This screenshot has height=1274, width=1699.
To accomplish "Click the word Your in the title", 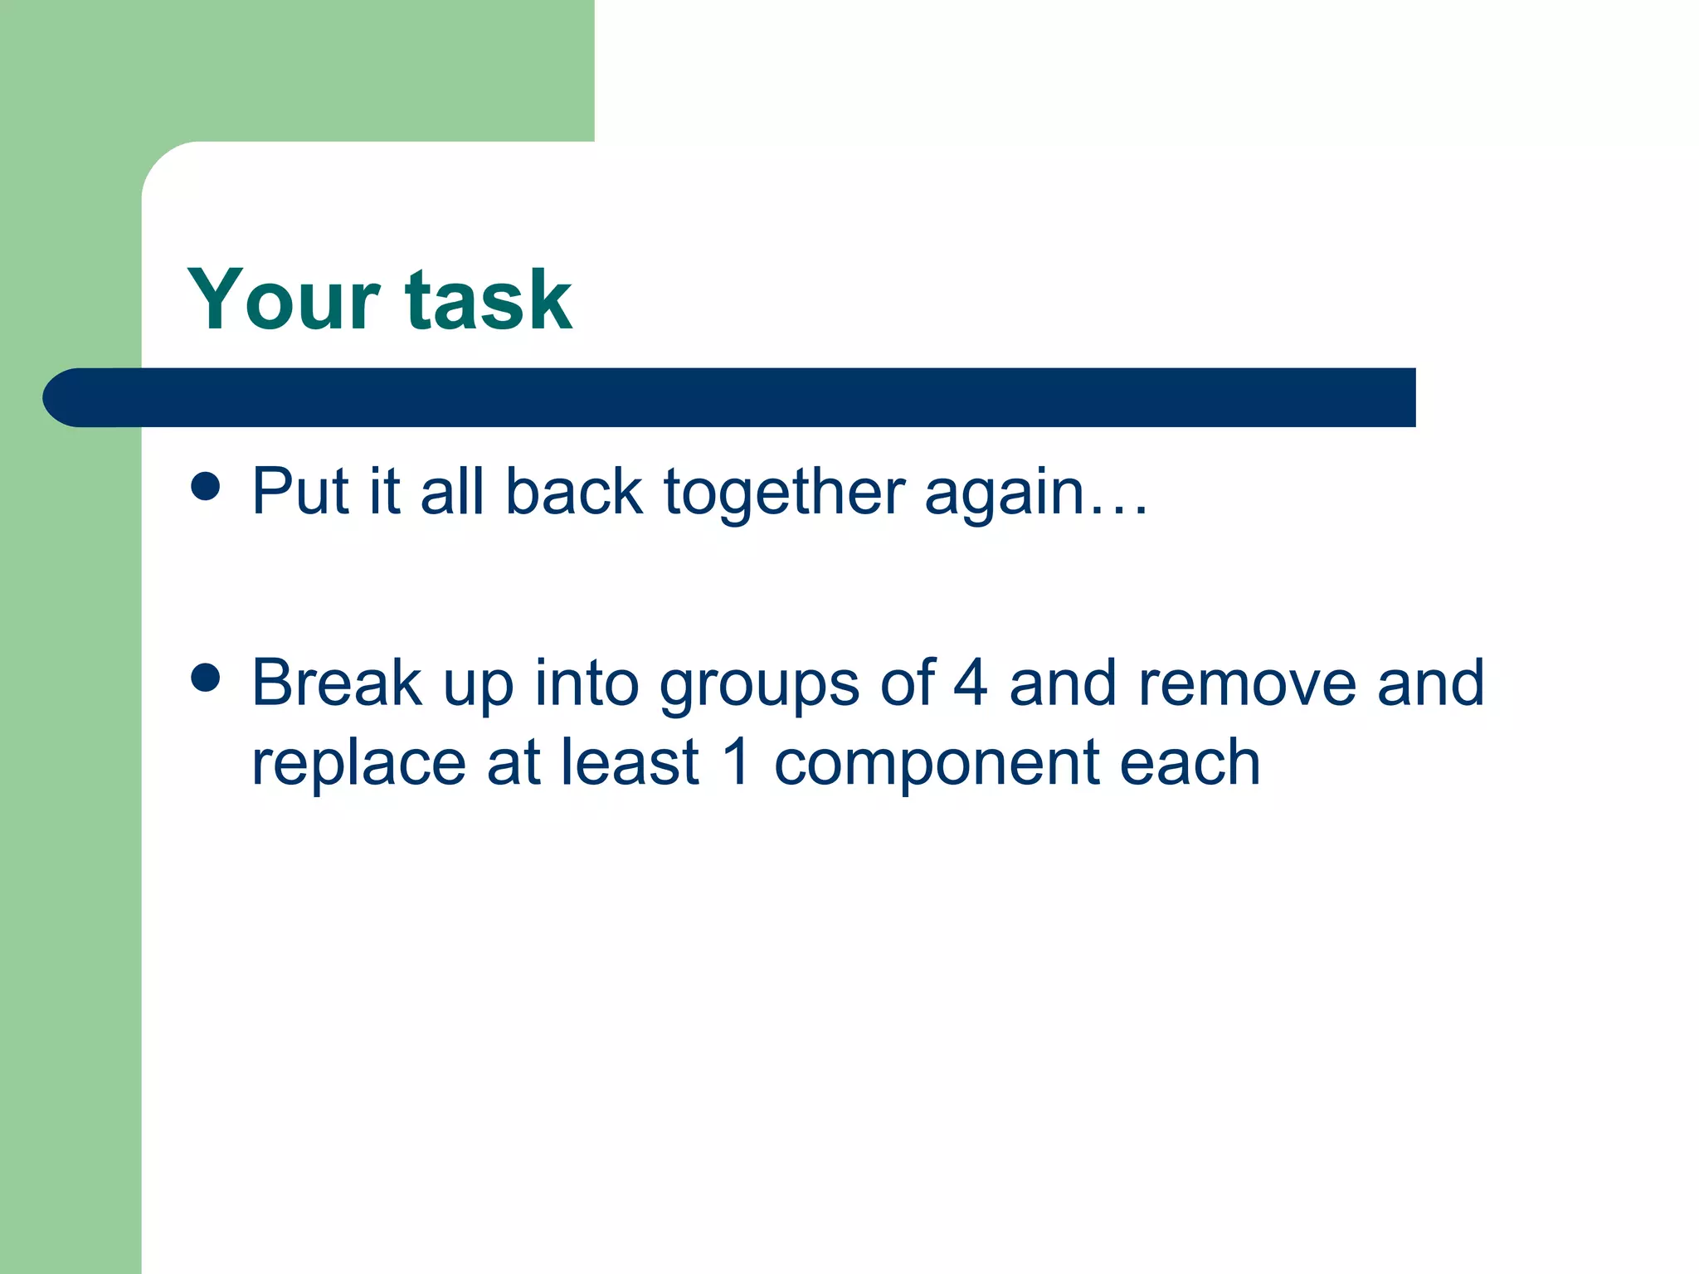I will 283,299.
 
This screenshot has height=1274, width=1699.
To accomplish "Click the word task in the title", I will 488,299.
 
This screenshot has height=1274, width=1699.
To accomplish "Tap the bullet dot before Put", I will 205,487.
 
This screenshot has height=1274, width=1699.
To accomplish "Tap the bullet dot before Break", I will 205,677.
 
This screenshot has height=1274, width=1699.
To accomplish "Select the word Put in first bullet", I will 300,491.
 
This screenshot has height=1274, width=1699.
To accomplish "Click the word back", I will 573,491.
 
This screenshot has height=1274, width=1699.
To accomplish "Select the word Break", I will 336,683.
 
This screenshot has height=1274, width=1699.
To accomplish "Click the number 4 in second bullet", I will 970,683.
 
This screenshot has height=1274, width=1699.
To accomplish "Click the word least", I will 630,761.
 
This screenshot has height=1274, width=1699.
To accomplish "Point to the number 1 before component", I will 737,761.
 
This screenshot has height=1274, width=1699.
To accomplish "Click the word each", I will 1190,761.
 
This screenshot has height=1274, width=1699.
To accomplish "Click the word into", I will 586,683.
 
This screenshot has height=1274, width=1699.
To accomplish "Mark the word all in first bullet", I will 452,491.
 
